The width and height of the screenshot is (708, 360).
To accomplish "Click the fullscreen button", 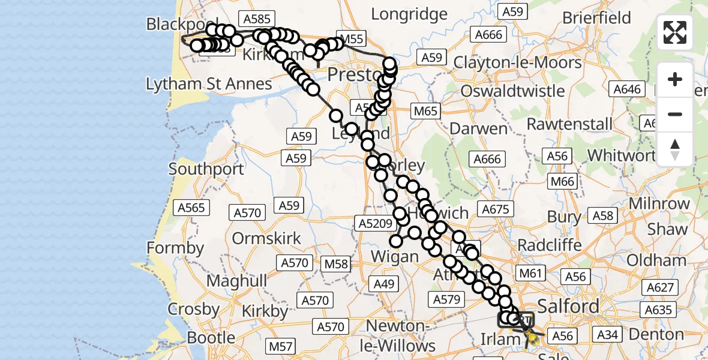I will [675, 32].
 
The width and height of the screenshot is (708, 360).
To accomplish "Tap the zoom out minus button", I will [675, 114].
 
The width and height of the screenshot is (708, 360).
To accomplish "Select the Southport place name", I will [206, 169].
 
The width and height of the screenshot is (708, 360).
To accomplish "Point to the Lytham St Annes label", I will [209, 83].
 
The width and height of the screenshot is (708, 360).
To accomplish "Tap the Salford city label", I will [569, 306].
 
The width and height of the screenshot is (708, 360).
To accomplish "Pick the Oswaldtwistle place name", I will [513, 91].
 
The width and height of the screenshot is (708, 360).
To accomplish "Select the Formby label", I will [175, 247].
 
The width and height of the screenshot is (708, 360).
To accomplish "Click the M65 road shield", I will [425, 111].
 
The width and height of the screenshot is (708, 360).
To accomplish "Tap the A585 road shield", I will [255, 19].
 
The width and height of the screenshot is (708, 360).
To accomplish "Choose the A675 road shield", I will [495, 209].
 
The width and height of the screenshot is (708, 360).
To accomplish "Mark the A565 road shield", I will [191, 208].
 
